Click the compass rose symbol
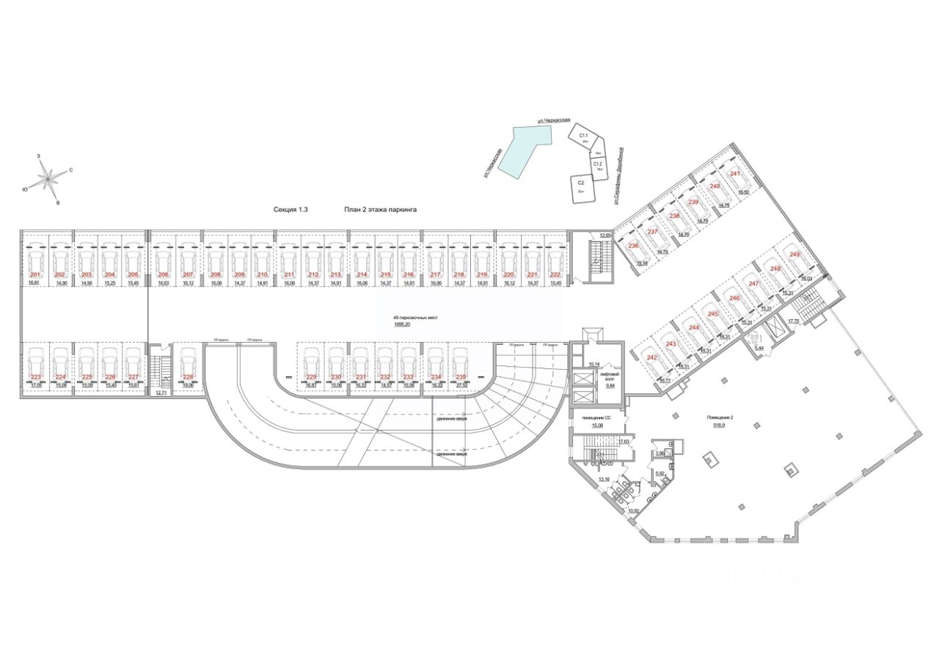[50, 177]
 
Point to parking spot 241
[734, 173]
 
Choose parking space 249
[794, 254]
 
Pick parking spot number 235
[461, 377]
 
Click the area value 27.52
[461, 385]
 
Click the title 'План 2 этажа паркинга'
[380, 209]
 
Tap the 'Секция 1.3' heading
[291, 209]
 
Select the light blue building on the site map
[522, 147]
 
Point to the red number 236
[633, 246]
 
